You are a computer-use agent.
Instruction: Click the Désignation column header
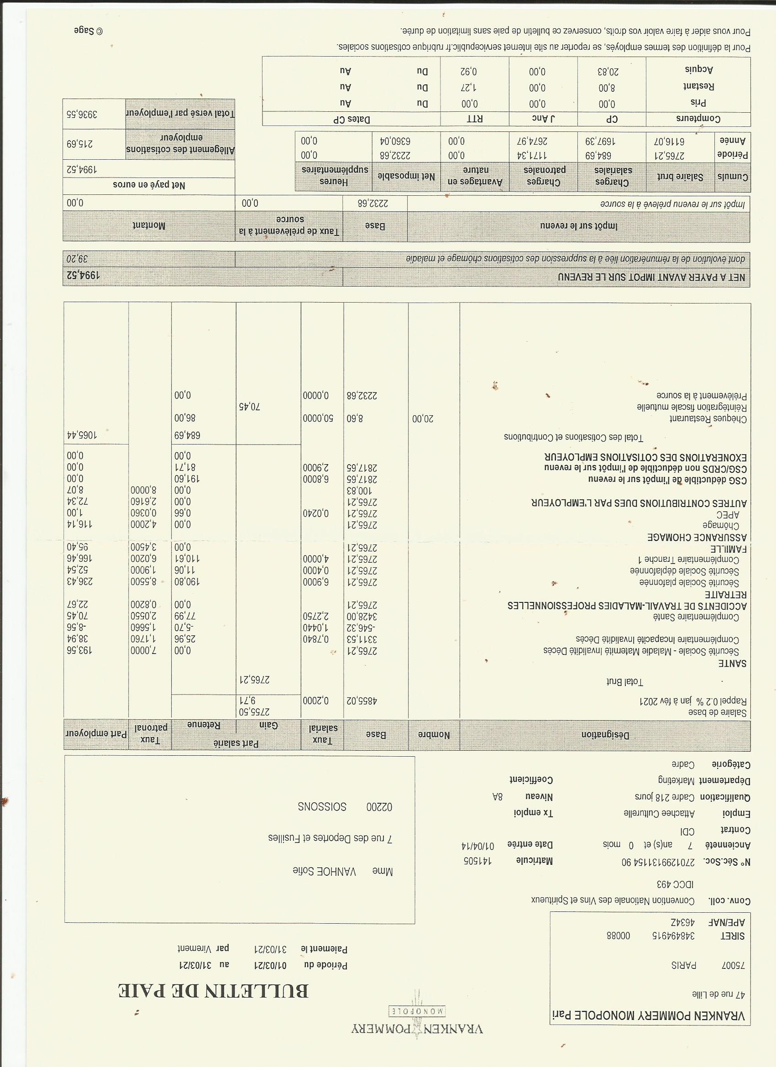click(x=605, y=734)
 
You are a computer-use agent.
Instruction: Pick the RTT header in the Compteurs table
click(x=475, y=119)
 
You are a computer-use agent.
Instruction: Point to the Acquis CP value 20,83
click(x=612, y=71)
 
